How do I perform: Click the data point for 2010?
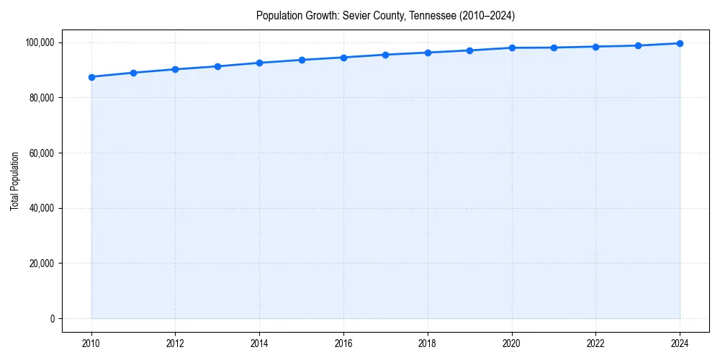coord(91,77)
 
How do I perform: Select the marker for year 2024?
coord(680,43)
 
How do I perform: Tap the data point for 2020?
coord(512,48)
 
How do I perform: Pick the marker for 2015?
coord(302,60)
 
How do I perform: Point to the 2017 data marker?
coord(386,55)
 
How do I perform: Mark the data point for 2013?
coord(217,66)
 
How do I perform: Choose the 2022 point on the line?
coord(596,47)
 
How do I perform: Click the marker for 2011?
coord(133,73)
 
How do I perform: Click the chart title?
coord(385,15)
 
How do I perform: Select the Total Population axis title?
coord(14,181)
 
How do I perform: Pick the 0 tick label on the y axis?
coord(52,319)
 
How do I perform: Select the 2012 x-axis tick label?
coord(176,343)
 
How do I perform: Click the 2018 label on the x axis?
coord(428,343)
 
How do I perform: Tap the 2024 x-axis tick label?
coord(680,343)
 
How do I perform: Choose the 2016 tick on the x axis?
coord(343,343)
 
